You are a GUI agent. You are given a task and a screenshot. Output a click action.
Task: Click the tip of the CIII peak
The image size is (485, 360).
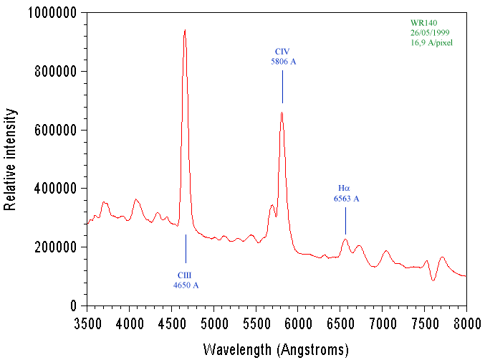pos(185,31)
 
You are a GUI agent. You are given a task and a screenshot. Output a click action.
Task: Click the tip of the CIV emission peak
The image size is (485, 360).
pos(282,113)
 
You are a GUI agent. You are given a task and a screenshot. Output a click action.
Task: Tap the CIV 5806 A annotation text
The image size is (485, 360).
pos(283,57)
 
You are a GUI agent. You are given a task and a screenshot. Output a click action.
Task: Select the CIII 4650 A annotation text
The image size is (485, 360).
pos(186,280)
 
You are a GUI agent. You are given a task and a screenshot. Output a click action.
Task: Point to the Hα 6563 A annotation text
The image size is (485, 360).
pos(346,193)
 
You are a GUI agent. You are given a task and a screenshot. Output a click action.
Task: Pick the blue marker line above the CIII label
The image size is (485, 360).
pos(186,248)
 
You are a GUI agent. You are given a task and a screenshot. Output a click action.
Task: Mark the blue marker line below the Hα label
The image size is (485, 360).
pos(345,220)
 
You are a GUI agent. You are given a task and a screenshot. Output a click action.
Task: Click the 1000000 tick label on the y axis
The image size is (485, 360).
pos(54,13)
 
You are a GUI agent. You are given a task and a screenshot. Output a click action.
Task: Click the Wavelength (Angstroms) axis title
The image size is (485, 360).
pos(277,349)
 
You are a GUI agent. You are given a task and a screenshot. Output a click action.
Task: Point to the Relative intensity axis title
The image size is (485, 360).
pos(10,159)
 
